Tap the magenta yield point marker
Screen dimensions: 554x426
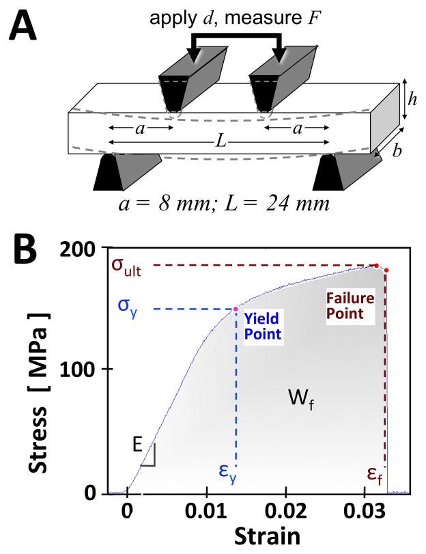click(236, 309)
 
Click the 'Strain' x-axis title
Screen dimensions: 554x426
click(259, 537)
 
